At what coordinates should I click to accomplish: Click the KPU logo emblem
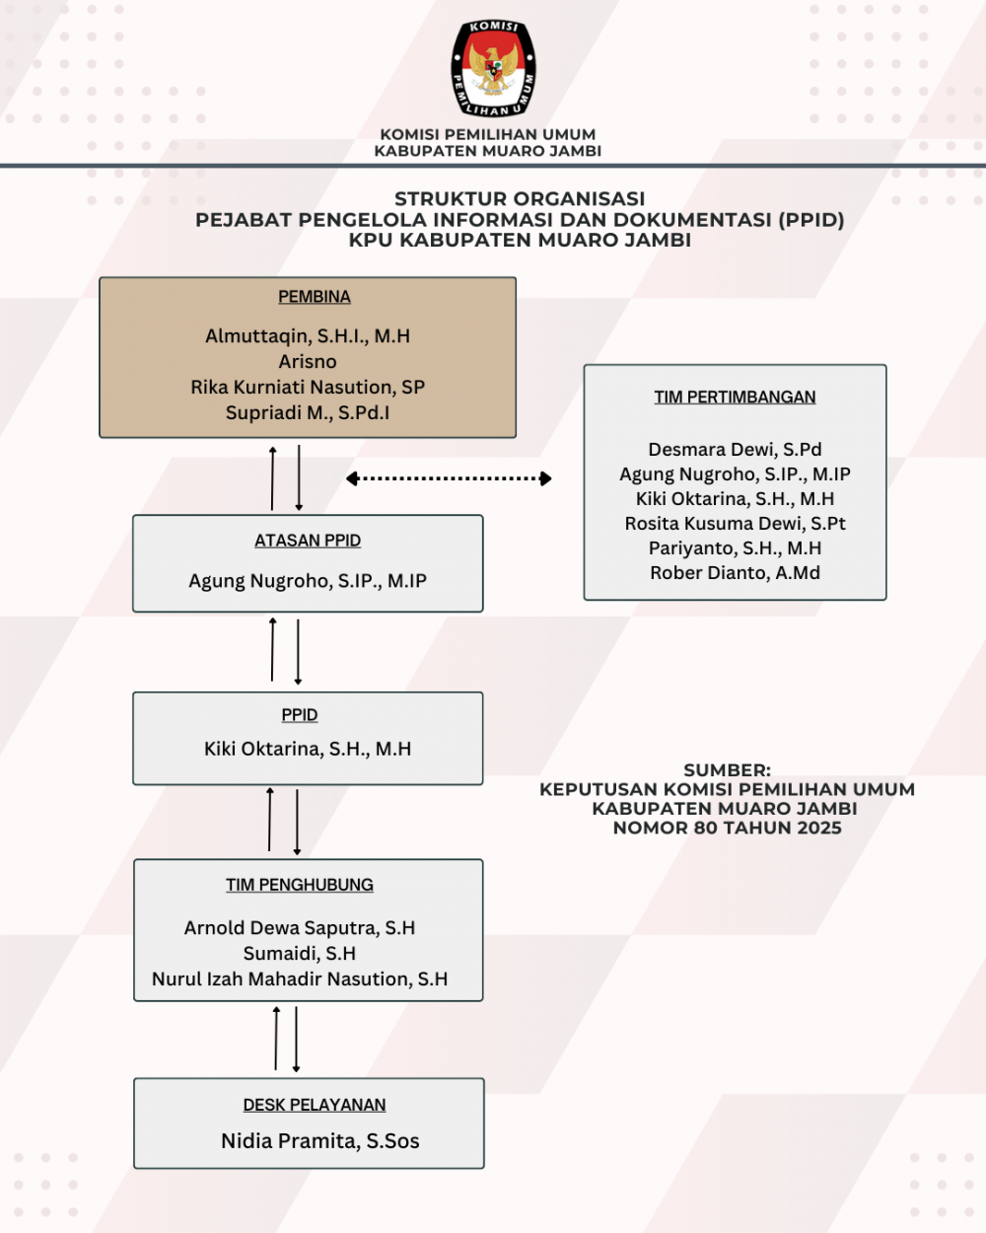click(x=493, y=68)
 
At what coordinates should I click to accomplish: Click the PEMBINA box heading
click(x=314, y=297)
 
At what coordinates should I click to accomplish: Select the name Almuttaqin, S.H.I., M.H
click(x=308, y=336)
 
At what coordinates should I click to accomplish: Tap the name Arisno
click(x=308, y=362)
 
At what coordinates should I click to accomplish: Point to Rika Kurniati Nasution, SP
click(x=308, y=388)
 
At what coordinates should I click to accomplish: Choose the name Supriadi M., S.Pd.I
click(x=308, y=413)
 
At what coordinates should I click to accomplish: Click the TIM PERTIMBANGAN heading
click(x=735, y=398)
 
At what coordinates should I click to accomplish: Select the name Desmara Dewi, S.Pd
click(x=735, y=450)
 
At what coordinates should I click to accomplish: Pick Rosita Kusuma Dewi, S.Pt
click(x=735, y=524)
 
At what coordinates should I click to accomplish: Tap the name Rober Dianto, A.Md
click(x=735, y=573)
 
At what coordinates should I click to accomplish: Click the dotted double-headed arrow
click(x=449, y=478)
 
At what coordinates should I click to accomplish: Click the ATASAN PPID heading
click(x=308, y=541)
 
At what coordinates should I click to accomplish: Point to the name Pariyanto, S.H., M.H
click(x=735, y=548)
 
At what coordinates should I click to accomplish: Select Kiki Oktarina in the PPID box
click(x=308, y=749)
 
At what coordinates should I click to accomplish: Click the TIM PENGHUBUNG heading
click(x=300, y=885)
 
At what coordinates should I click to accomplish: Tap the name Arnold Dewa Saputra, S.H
click(x=300, y=928)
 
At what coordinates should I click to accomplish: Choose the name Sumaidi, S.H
click(x=300, y=954)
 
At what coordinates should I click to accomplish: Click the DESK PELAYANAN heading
click(x=315, y=1105)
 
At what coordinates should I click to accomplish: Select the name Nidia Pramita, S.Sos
click(x=320, y=1141)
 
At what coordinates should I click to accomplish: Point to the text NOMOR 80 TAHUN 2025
click(x=727, y=828)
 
